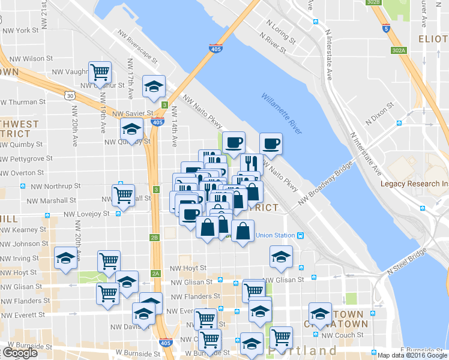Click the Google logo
click(x=19, y=353)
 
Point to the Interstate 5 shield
click(x=384, y=28)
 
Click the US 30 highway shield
click(x=70, y=95)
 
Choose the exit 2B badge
click(x=155, y=238)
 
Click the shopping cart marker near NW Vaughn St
click(x=100, y=73)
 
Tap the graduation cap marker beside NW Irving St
click(x=65, y=258)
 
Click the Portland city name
click(x=303, y=350)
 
